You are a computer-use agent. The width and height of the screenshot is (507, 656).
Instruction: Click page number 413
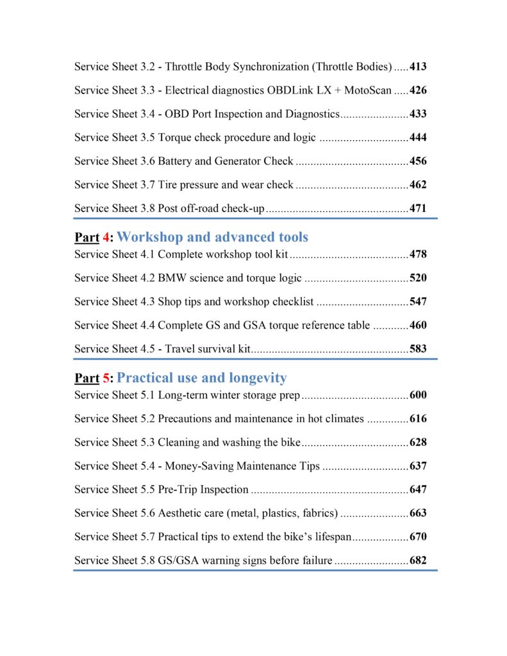point(418,67)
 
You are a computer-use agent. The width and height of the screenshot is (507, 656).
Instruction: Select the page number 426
point(418,90)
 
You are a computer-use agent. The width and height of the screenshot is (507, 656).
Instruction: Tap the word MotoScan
point(367,90)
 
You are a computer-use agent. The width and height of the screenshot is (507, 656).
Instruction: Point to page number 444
point(418,138)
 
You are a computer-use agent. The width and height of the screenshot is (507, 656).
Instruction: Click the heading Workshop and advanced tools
point(212,237)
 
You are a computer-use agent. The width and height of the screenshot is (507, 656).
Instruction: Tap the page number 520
point(418,279)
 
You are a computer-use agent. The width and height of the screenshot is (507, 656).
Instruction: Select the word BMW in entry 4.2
point(171,279)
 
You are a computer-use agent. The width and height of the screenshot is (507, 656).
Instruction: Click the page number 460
point(418,325)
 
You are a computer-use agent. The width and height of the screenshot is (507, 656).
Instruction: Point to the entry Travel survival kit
point(211,349)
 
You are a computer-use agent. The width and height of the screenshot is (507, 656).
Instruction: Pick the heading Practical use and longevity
point(202,378)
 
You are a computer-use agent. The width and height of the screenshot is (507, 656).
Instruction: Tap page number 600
point(418,395)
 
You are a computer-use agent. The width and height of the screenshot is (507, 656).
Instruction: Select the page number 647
point(418,490)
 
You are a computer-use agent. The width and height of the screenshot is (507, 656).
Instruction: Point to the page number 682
point(418,561)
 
